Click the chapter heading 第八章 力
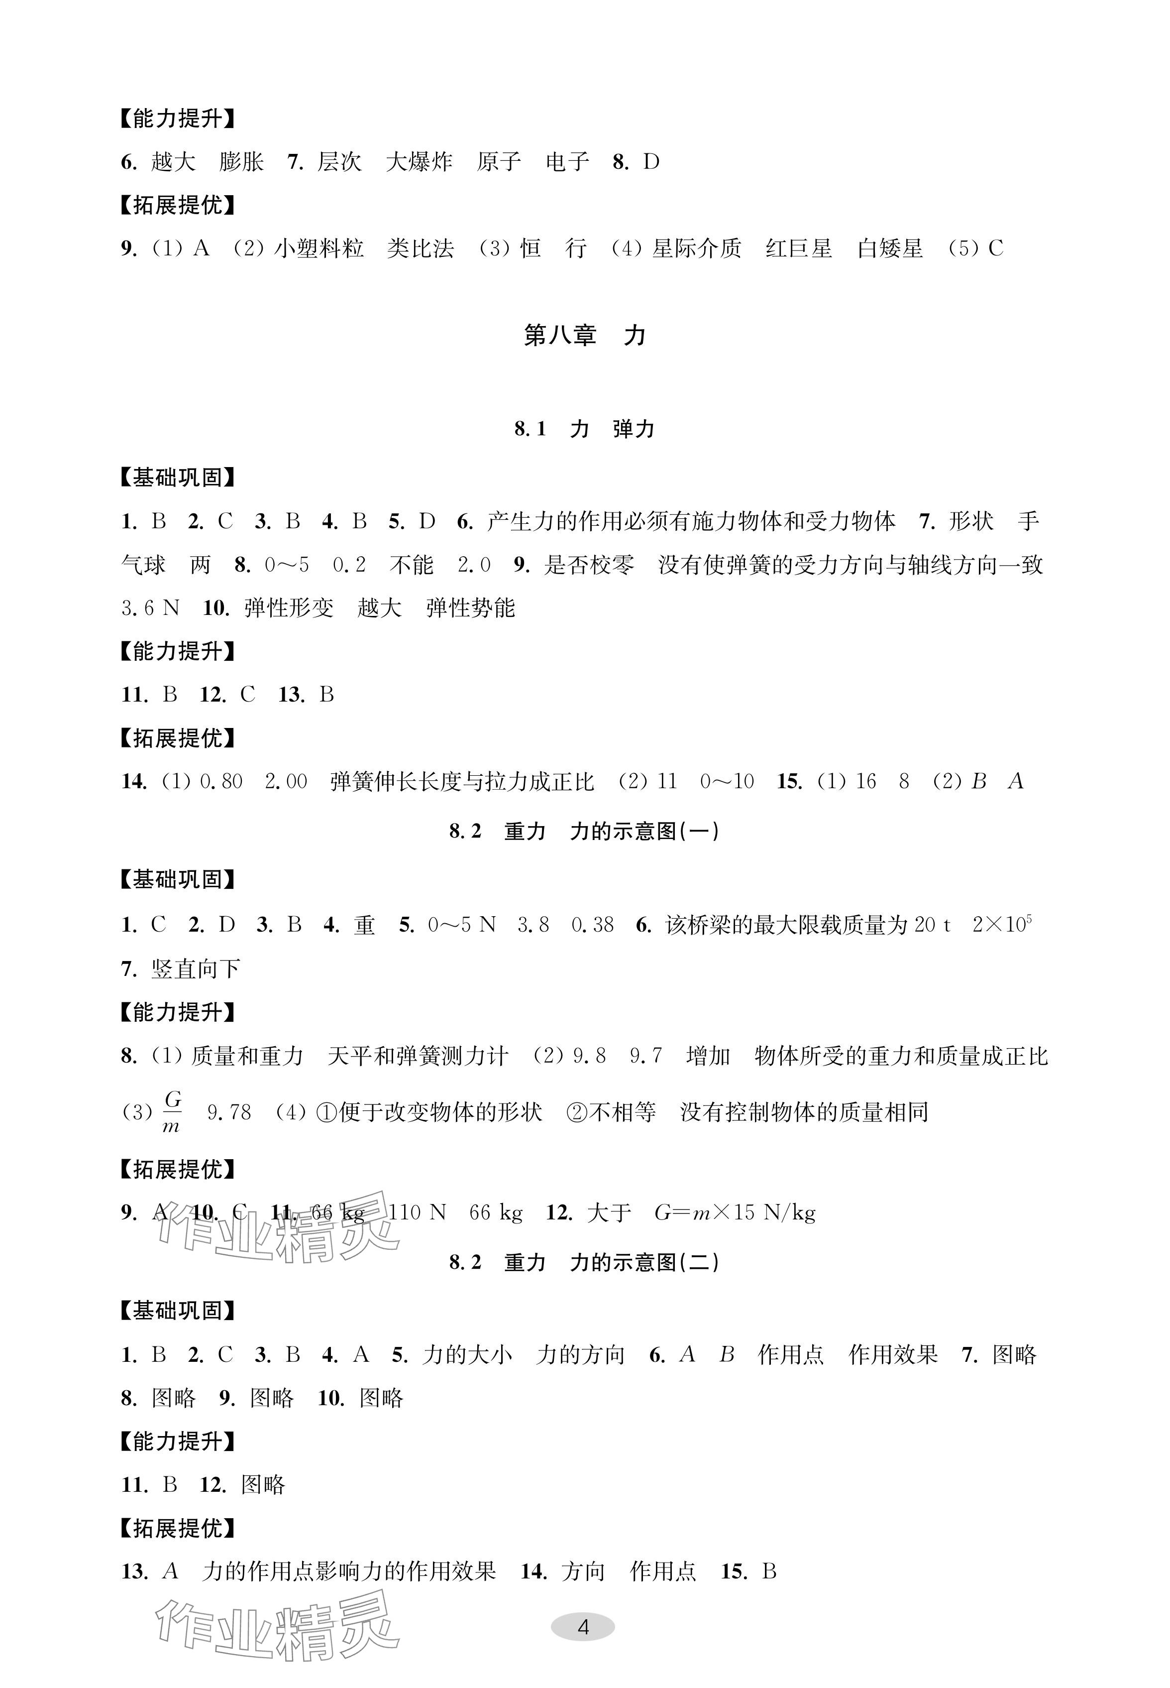pyautogui.click(x=584, y=335)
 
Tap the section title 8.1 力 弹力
pyautogui.click(x=584, y=429)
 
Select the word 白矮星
pyautogui.click(x=890, y=248)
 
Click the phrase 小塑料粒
pyautogui.click(x=319, y=248)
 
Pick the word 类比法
pyautogui.click(x=420, y=248)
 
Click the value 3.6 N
pyautogui.click(x=150, y=608)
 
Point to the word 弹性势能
pyautogui.click(x=471, y=608)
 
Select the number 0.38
pyautogui.click(x=592, y=925)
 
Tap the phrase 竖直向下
pyautogui.click(x=196, y=968)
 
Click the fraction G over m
pyautogui.click(x=172, y=1112)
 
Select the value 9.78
pyautogui.click(x=229, y=1112)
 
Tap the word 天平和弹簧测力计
pyautogui.click(x=418, y=1056)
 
